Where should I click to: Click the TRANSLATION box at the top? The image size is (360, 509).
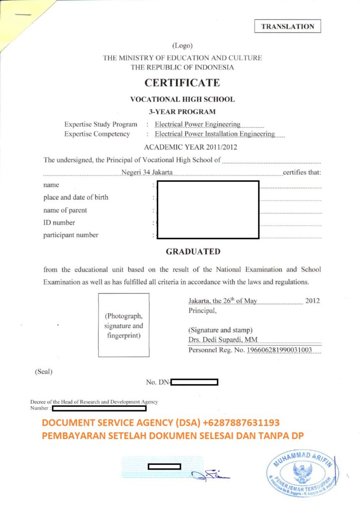(288, 27)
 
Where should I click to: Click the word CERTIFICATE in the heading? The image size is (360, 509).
(182, 83)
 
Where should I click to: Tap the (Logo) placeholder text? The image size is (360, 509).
(182, 45)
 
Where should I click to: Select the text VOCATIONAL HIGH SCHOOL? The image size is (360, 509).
(182, 99)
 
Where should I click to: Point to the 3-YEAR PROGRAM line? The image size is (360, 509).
(182, 112)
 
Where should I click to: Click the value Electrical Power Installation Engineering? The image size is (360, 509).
(215, 134)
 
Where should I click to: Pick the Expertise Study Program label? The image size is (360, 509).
(100, 124)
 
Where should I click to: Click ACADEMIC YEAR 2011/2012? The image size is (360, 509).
(190, 147)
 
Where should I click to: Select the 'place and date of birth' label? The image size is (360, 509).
(76, 197)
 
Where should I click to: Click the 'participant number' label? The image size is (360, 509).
(71, 235)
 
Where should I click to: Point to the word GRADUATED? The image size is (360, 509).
(193, 252)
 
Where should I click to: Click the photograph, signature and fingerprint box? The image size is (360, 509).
(124, 325)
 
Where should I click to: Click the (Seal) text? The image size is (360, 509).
(44, 371)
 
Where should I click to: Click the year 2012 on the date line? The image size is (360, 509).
(312, 301)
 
